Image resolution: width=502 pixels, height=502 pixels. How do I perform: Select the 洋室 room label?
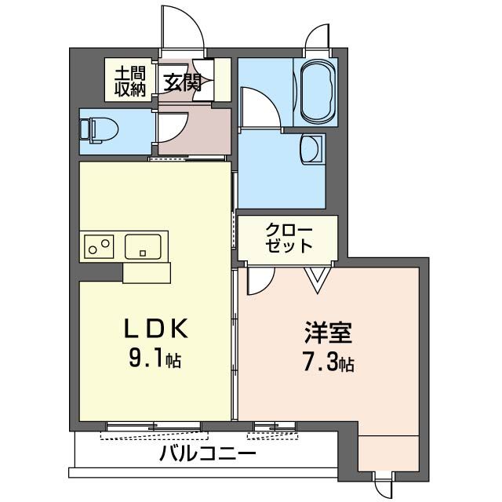pyautogui.click(x=329, y=332)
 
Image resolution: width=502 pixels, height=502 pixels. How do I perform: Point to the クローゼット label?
pyautogui.click(x=289, y=238)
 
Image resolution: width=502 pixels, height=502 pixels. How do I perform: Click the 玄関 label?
pyautogui.click(x=182, y=82)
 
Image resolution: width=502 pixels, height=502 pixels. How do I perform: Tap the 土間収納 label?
pyautogui.click(x=130, y=82)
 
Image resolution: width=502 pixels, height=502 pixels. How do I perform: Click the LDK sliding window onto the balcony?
pyautogui.click(x=155, y=428)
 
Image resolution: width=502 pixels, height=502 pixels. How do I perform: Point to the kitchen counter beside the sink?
pyautogui.click(x=147, y=272)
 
